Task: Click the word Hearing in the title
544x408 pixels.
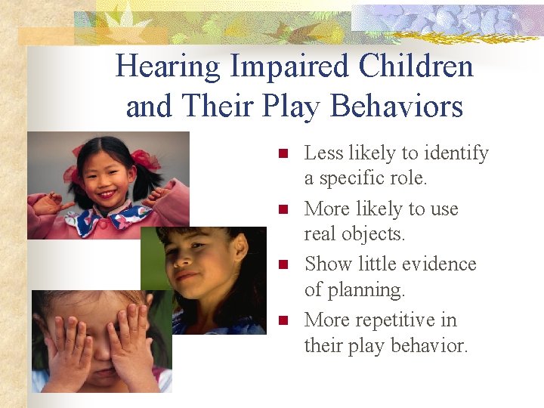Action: point(168,66)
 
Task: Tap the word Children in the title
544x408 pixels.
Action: point(416,66)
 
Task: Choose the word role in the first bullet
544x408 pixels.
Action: point(407,179)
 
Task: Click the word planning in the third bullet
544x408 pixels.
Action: point(354,290)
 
